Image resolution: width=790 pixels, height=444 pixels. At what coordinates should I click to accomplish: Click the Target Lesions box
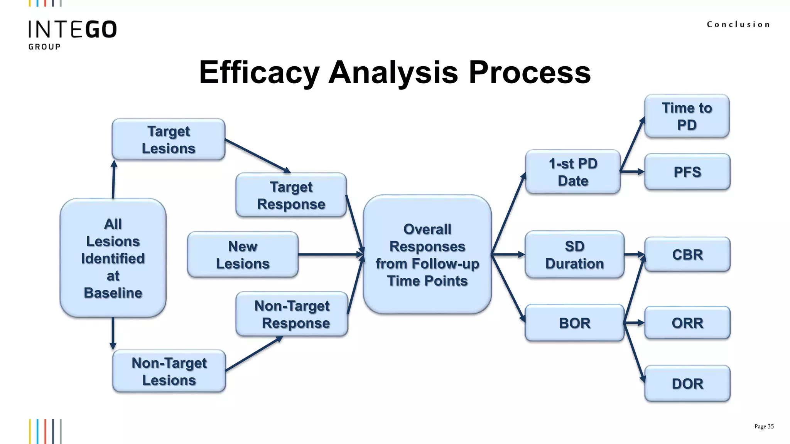[169, 140]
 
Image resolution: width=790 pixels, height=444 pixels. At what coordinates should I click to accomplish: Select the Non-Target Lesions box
[169, 371]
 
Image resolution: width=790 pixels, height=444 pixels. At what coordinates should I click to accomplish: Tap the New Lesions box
[243, 255]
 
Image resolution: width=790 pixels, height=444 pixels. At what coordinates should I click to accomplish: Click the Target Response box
[291, 195]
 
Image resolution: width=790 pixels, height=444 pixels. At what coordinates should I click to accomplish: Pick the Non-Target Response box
[292, 314]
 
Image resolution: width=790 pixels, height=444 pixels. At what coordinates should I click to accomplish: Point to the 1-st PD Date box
[573, 172]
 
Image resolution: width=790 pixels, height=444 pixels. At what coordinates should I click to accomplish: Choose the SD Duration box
[574, 255]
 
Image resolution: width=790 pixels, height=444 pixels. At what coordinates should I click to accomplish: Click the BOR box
[574, 323]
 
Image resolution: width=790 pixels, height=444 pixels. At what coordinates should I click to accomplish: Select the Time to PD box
[687, 116]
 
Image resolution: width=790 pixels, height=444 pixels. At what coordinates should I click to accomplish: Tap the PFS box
[687, 172]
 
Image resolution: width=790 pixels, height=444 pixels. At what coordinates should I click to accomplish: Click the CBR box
[687, 255]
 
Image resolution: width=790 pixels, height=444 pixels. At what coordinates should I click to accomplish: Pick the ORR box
[687, 323]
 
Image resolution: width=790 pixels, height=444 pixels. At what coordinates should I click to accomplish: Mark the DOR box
[687, 383]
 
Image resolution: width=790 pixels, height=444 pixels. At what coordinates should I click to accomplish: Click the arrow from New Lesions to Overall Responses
[330, 254]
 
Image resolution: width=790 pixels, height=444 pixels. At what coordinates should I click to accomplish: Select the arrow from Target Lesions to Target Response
[257, 156]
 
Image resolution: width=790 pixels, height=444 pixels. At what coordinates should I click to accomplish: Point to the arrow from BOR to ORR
[634, 323]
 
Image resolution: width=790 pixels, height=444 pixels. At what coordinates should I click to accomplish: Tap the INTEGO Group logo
[72, 34]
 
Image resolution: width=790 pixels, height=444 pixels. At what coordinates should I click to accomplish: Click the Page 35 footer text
[764, 426]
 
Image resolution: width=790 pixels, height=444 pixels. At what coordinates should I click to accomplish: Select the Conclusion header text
[738, 24]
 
